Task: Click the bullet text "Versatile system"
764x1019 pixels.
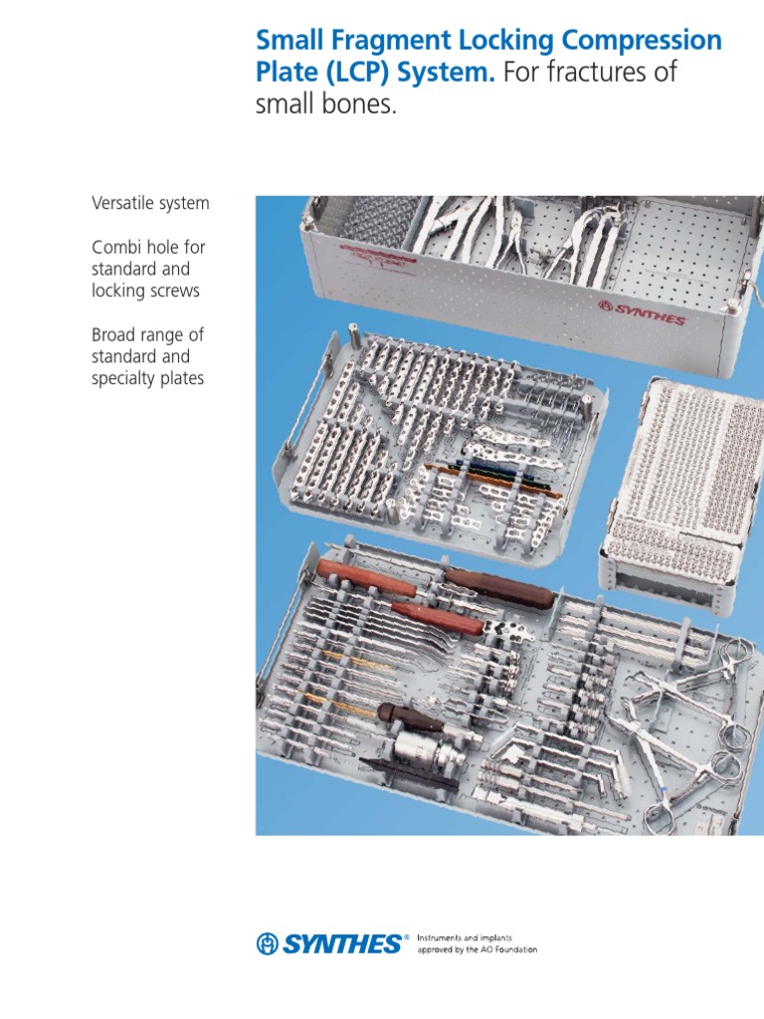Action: [x=150, y=203]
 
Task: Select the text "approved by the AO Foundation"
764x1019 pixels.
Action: [x=477, y=950]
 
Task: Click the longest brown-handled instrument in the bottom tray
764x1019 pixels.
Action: [x=497, y=593]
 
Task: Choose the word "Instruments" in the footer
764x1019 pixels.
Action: [x=443, y=937]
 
